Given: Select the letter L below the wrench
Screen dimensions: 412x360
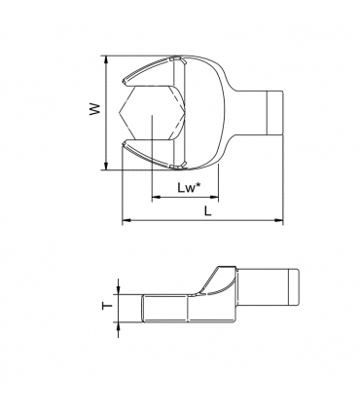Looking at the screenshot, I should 207,209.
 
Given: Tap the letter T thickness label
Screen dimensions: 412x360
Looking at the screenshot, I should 106,305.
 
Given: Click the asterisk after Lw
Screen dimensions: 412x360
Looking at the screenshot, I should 199,181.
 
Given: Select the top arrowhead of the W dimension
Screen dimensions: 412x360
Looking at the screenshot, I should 106,59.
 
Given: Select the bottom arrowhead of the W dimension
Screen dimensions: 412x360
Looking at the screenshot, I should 106,166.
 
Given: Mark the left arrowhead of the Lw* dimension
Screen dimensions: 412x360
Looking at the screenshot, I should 153,198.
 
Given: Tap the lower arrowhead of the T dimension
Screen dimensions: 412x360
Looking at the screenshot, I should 119,322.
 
